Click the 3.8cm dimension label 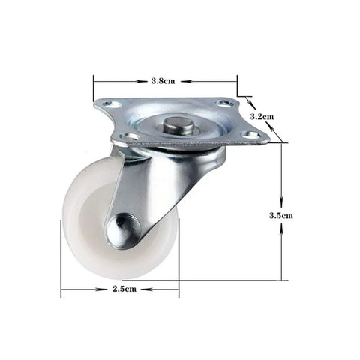click(163, 81)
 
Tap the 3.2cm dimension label click(262, 116)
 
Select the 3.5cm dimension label click(280, 215)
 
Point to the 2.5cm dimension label click(124, 289)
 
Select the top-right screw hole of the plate click(224, 103)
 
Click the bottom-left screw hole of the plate click(127, 136)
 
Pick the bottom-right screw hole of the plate click(250, 136)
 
